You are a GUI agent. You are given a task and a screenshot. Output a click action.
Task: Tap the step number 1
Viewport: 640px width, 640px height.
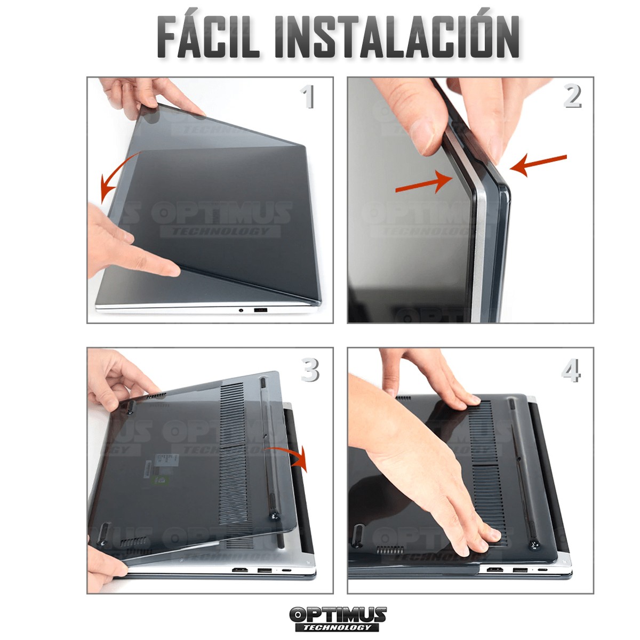[x=308, y=97]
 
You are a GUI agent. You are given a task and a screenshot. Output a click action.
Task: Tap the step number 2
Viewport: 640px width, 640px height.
[x=572, y=97]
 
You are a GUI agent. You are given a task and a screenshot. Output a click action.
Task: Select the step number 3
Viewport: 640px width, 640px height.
[x=310, y=370]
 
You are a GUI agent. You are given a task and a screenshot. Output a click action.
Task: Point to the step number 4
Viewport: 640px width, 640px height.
[x=571, y=370]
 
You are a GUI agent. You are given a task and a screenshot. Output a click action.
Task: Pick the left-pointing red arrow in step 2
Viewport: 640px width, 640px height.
[x=538, y=165]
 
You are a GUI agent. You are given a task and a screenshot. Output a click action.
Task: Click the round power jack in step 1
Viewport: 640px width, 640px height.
[x=241, y=310]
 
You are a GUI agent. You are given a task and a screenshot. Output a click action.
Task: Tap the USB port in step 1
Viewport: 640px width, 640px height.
[x=260, y=310]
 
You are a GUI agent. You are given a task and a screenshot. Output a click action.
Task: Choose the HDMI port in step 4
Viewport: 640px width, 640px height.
[x=494, y=570]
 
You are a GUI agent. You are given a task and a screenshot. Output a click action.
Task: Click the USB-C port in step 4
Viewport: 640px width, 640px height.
[x=543, y=570]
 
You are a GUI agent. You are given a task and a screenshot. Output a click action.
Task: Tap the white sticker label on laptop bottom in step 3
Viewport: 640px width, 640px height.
[x=161, y=466]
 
